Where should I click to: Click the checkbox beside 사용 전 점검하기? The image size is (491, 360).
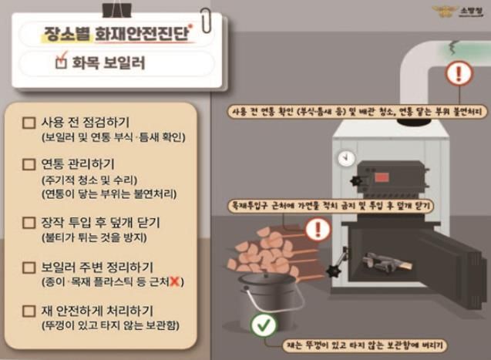click(29, 123)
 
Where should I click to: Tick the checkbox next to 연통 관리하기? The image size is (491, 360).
click(29, 164)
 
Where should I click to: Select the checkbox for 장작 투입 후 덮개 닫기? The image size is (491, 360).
click(29, 224)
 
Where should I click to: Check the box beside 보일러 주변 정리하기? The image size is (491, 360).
click(29, 269)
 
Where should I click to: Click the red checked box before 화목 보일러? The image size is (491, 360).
click(62, 64)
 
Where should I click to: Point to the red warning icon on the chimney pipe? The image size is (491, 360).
click(460, 74)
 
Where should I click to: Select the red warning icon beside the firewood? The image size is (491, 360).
click(317, 229)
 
